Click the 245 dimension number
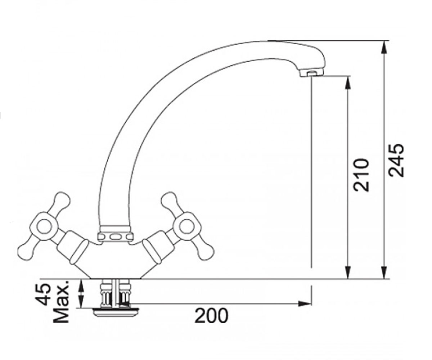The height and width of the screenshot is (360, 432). point(396,161)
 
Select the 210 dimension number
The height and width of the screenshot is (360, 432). point(361,175)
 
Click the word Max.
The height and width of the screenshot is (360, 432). point(61,302)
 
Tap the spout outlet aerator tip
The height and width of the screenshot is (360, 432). point(311,73)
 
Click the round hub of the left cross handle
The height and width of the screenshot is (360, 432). point(44,226)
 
